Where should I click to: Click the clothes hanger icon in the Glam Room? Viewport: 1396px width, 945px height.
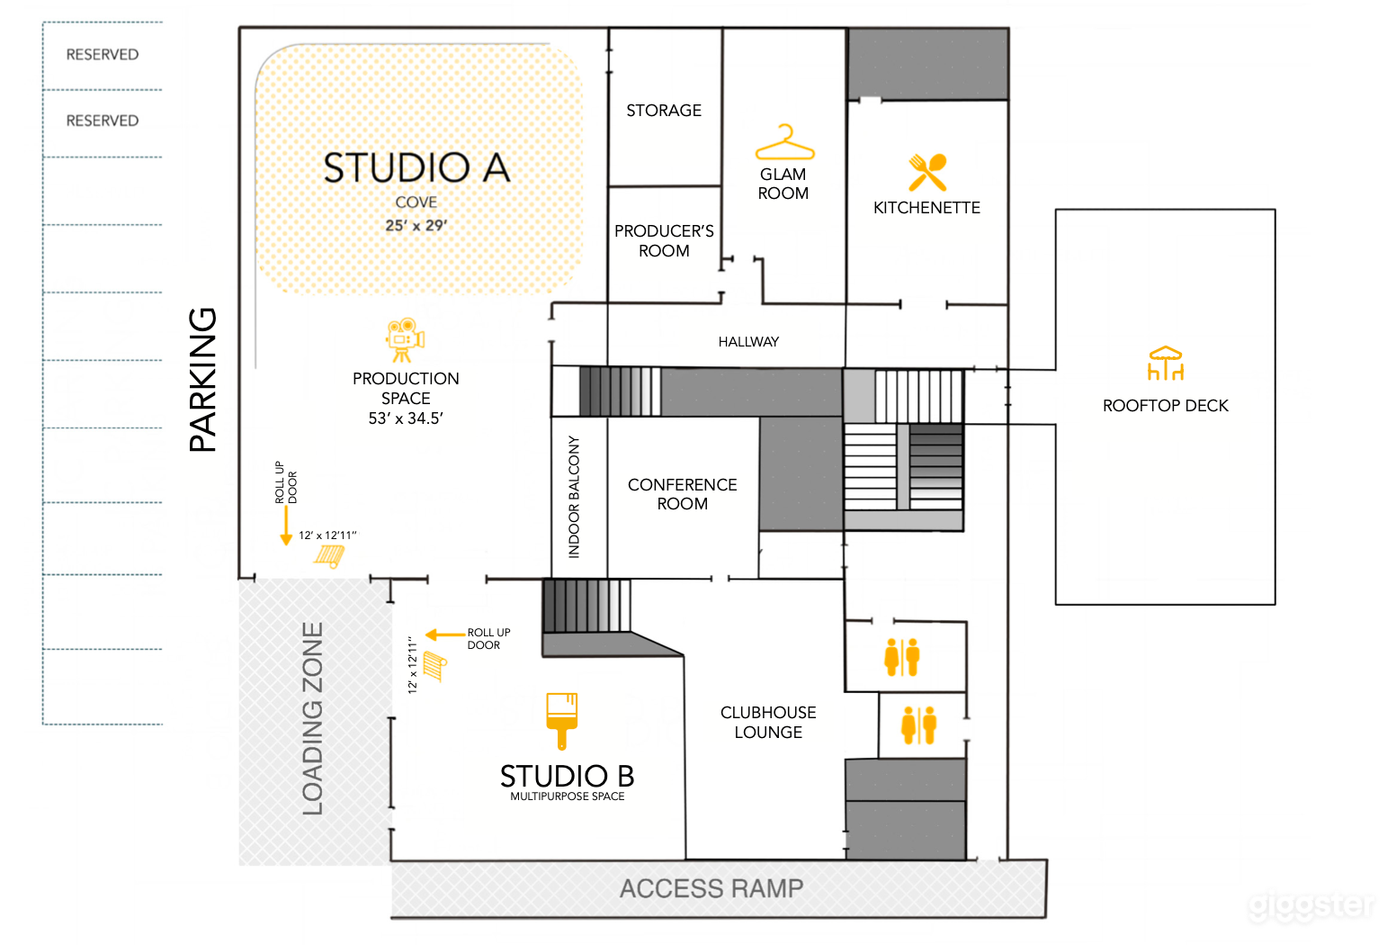coord(784,143)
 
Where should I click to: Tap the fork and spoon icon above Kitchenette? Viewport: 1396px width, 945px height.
coord(927,172)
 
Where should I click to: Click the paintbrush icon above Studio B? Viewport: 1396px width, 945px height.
coord(562,719)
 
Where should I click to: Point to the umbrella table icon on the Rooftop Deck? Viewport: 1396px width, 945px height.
coord(1165,363)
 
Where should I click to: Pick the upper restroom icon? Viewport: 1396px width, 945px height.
coord(901,657)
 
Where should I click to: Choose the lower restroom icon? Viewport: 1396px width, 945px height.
coord(918,725)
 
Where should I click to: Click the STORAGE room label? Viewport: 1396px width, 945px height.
coord(664,111)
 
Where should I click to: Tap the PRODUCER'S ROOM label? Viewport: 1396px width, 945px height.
coord(664,241)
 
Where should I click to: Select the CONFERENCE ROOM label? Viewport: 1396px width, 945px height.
coord(682,494)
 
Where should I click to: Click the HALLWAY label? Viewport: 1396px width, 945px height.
coord(748,342)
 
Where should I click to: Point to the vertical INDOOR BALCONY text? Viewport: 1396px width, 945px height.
coord(574,497)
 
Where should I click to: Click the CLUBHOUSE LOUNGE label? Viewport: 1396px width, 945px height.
coord(768,722)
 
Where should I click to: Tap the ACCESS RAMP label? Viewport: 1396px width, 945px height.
coord(711,889)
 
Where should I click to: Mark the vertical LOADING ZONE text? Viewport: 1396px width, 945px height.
coord(312,718)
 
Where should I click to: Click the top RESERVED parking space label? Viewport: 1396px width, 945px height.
coord(103,55)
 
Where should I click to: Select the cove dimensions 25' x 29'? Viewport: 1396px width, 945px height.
coord(416,225)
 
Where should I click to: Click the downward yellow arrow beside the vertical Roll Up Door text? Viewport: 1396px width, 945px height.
coord(286,526)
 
